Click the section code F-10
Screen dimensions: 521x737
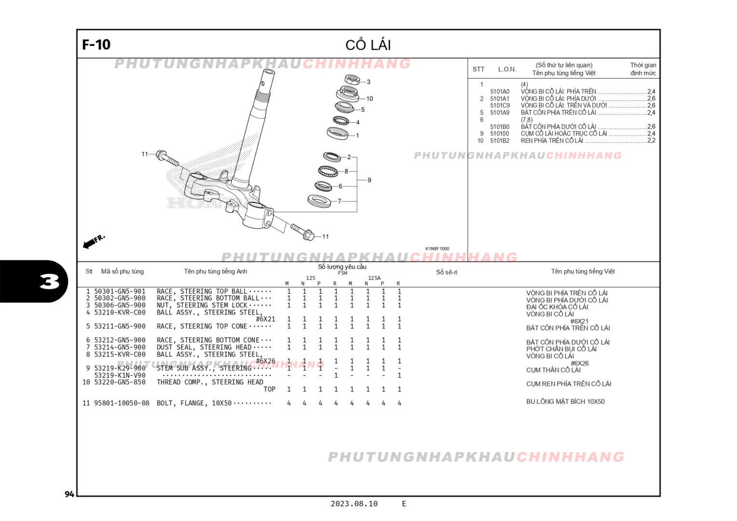pyautogui.click(x=96, y=45)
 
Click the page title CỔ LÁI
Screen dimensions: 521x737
pyautogui.click(x=368, y=45)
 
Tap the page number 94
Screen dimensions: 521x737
pyautogui.click(x=69, y=494)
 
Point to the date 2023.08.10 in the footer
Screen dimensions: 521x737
pyautogui.click(x=354, y=504)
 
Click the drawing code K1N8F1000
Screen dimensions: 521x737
pyautogui.click(x=437, y=249)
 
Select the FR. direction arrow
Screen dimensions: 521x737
pyautogui.click(x=94, y=241)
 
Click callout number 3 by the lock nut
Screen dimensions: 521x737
pyautogui.click(x=368, y=82)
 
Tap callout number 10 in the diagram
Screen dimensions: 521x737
pyautogui.click(x=369, y=98)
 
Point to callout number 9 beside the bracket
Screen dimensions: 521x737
pyautogui.click(x=369, y=180)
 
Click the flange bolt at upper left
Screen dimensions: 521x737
pyautogui.click(x=167, y=157)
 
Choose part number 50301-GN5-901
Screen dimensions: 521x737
pyautogui.click(x=120, y=291)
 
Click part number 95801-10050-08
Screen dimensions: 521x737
pyautogui.click(x=122, y=403)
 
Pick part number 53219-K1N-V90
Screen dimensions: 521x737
pyautogui.click(x=120, y=375)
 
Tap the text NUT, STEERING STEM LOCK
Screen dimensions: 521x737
pyautogui.click(x=202, y=305)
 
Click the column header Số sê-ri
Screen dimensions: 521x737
pyautogui.click(x=447, y=272)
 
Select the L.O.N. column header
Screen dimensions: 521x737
pyautogui.click(x=507, y=69)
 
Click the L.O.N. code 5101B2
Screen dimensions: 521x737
pyautogui.click(x=500, y=141)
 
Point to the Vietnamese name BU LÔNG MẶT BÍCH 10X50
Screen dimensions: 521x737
pyautogui.click(x=565, y=401)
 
